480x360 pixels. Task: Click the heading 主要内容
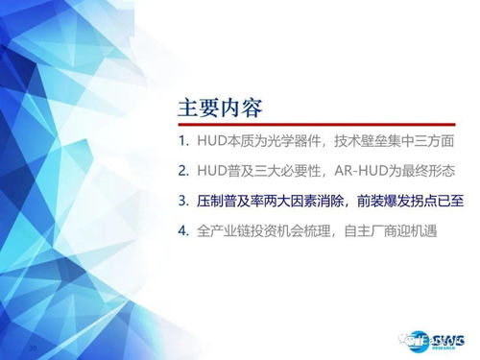click(x=221, y=105)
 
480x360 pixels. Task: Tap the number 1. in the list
click(x=186, y=141)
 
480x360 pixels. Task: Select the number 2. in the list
click(x=186, y=172)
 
